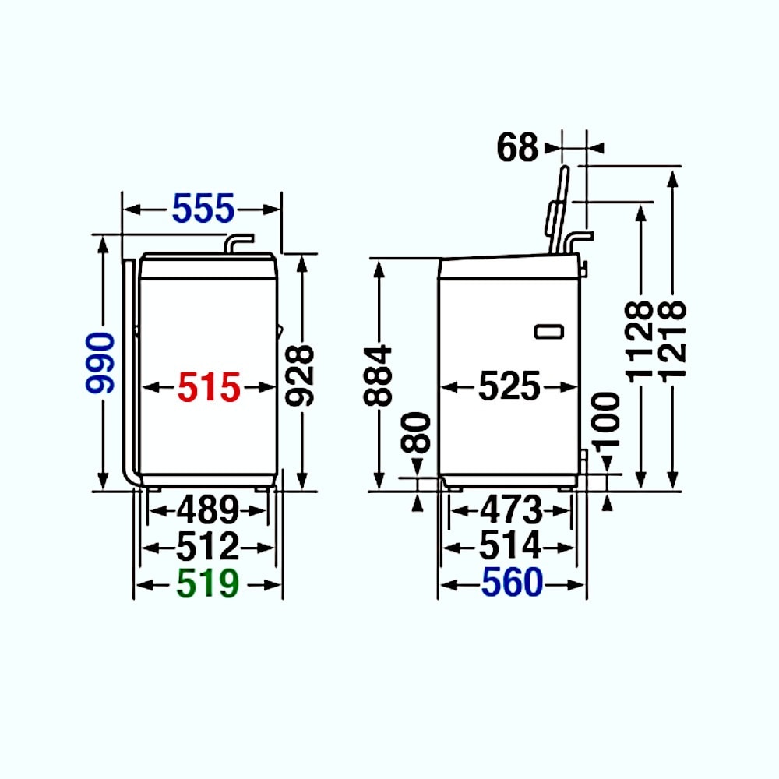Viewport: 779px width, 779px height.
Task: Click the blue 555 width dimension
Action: (x=203, y=208)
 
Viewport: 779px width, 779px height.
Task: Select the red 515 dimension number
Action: (x=209, y=387)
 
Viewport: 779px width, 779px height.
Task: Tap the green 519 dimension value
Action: (x=208, y=583)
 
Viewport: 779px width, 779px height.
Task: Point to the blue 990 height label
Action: (x=100, y=363)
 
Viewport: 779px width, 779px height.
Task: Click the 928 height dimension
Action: (x=300, y=376)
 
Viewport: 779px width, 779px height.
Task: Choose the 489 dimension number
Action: (x=208, y=509)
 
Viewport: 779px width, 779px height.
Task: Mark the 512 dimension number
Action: (x=208, y=547)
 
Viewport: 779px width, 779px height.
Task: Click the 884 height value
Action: (x=378, y=376)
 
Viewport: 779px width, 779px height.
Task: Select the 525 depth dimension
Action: (x=509, y=386)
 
